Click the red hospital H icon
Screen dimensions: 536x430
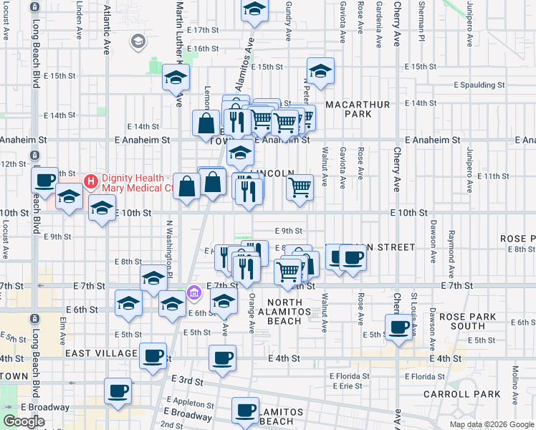(90, 180)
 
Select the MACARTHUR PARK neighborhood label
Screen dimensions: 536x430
(358, 109)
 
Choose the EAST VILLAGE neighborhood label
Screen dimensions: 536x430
(101, 353)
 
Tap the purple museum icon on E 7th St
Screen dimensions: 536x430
(193, 292)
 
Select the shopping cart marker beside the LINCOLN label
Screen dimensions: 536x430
(300, 188)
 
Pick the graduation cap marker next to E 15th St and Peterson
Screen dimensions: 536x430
(320, 71)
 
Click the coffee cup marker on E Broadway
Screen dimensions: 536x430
(118, 391)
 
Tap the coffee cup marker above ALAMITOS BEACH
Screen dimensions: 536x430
(245, 411)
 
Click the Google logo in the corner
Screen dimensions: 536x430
(24, 421)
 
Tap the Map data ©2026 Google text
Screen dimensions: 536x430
(491, 424)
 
